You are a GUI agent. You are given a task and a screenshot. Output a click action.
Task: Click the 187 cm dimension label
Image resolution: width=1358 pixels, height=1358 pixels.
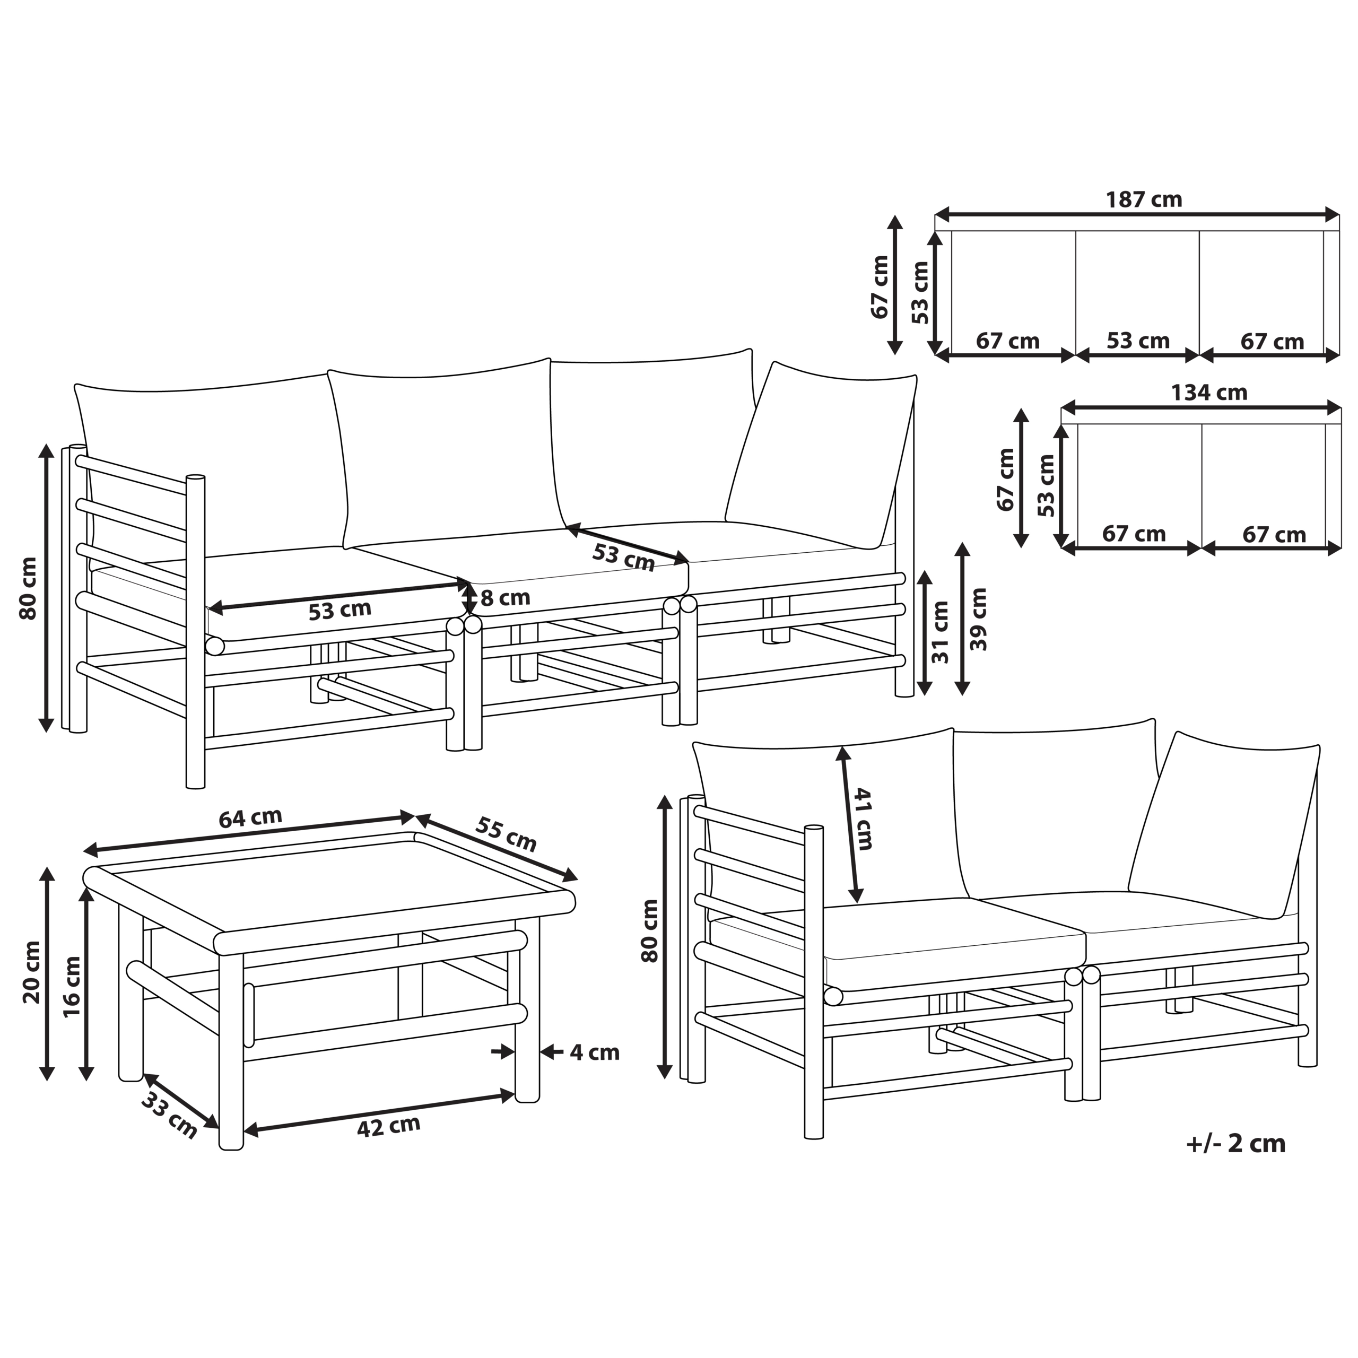[x=1144, y=199]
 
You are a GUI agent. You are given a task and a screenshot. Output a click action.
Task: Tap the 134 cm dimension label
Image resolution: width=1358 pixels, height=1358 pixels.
[x=1208, y=392]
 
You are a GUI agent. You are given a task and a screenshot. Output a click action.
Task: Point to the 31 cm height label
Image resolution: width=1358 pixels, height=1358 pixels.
[x=941, y=632]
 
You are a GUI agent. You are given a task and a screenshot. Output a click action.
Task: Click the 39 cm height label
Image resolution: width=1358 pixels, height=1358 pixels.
[x=978, y=619]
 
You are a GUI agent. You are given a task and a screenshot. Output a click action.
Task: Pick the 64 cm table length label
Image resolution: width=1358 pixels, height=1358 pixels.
[x=250, y=818]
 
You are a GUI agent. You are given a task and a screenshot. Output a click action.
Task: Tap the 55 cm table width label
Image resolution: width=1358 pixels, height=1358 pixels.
[x=506, y=834]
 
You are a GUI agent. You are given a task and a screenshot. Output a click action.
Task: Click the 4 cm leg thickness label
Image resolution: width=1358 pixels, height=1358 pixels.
[x=594, y=1052]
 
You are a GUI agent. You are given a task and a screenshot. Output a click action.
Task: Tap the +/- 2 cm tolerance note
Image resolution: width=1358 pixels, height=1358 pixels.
[x=1235, y=1144]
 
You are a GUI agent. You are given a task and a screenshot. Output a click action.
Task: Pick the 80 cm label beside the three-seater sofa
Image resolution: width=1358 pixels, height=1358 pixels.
[x=28, y=588]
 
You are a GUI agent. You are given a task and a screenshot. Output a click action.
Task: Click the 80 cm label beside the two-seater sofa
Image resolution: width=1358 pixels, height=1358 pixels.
[x=650, y=930]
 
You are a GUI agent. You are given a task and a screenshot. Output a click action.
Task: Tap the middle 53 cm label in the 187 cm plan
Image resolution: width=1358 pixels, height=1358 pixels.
[x=1138, y=341]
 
